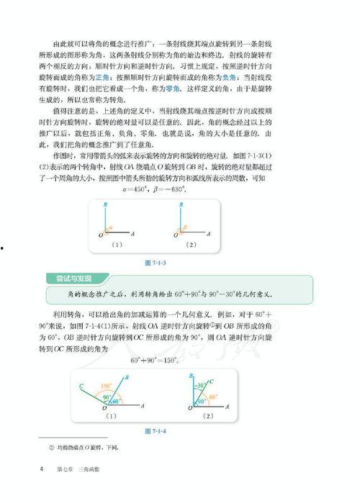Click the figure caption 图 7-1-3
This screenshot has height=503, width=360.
point(156,264)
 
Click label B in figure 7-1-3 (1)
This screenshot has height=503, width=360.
point(106,205)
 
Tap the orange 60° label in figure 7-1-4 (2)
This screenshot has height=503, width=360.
point(213,396)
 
